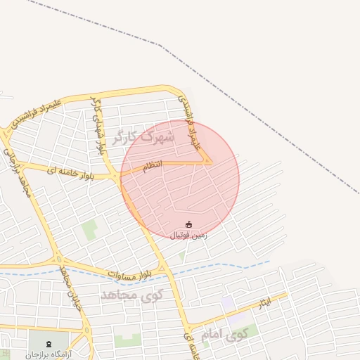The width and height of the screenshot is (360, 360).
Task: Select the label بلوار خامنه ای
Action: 70,171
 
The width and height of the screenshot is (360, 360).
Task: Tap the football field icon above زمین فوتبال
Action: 188,224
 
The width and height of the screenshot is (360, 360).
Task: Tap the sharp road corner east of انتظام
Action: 210,162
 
